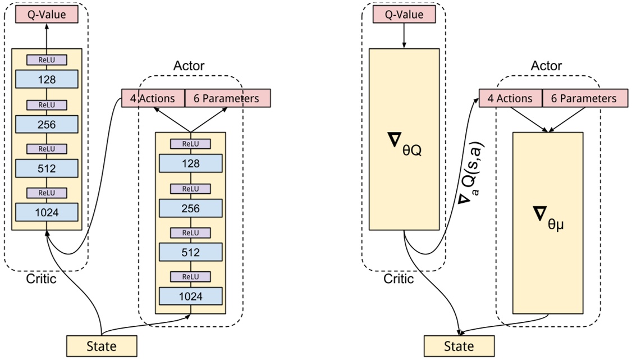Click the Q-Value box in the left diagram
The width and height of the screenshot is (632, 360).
[47, 15]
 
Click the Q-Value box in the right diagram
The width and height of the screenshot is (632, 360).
[404, 16]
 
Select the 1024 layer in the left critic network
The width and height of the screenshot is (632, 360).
[47, 212]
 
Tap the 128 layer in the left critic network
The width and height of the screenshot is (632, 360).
[47, 79]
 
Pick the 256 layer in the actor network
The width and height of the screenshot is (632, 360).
[191, 208]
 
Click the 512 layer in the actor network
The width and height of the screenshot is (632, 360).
[191, 252]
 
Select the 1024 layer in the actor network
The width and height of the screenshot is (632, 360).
[191, 296]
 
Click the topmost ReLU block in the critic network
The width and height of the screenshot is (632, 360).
[47, 60]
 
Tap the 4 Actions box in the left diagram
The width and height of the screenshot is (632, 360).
[153, 98]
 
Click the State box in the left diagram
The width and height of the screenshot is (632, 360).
[102, 346]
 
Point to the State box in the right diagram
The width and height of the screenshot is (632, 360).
[459, 346]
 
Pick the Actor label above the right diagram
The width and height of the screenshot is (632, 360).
[546, 66]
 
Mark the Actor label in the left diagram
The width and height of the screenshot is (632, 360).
[190, 66]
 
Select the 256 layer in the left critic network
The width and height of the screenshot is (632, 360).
[47, 124]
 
